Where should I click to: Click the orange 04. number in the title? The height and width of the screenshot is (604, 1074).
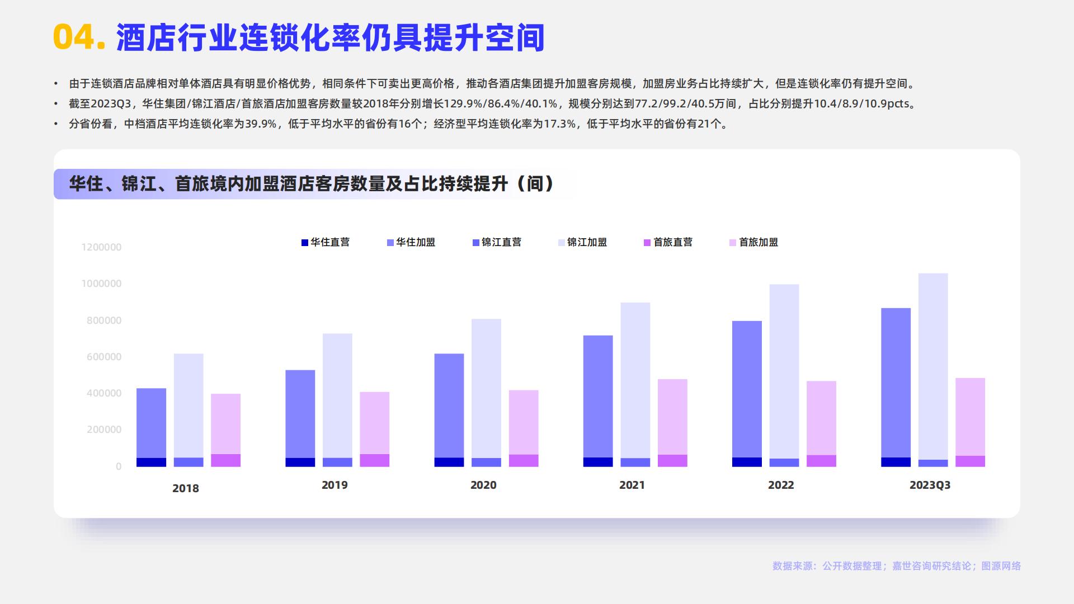tap(79, 38)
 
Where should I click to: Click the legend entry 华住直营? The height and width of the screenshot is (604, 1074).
tap(326, 242)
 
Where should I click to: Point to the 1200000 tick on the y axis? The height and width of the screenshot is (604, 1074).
tap(101, 247)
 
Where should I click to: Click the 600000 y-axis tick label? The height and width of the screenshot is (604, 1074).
tap(103, 357)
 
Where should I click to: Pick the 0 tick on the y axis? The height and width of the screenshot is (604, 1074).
tap(119, 466)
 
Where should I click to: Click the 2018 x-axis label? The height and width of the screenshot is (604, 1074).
tap(185, 488)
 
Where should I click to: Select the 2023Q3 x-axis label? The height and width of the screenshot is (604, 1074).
tap(930, 485)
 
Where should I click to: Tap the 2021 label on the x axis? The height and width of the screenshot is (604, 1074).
tap(632, 485)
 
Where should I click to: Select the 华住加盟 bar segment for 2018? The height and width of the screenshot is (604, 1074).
tap(151, 423)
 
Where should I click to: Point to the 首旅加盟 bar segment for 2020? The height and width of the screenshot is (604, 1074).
tap(524, 422)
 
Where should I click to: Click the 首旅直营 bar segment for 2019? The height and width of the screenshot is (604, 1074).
tap(374, 460)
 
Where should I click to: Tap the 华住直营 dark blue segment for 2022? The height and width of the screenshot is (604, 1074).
tap(747, 462)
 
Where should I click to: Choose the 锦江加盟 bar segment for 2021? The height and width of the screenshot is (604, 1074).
tap(635, 380)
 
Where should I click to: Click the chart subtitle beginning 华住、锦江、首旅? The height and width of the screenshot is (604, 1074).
tap(311, 183)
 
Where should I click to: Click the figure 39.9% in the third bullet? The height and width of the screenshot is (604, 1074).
tap(261, 124)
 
